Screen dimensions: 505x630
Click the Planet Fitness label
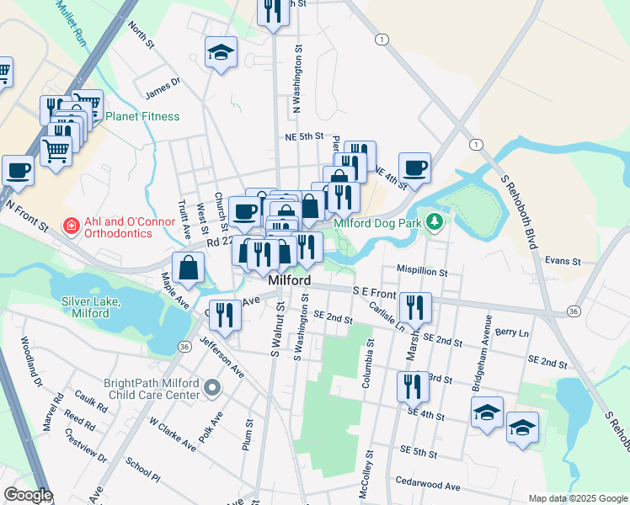(141, 116)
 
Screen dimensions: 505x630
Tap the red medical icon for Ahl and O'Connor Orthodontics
(72, 226)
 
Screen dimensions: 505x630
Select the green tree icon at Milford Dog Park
(435, 222)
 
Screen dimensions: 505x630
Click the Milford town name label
(290, 280)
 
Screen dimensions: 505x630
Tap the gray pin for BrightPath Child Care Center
(212, 389)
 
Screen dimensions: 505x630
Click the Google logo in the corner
(27, 495)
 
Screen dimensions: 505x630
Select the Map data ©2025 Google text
(578, 498)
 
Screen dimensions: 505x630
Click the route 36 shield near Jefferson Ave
(184, 346)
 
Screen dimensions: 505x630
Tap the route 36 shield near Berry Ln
(573, 311)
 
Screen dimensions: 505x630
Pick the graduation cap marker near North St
(221, 52)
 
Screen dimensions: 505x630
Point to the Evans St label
(563, 262)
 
